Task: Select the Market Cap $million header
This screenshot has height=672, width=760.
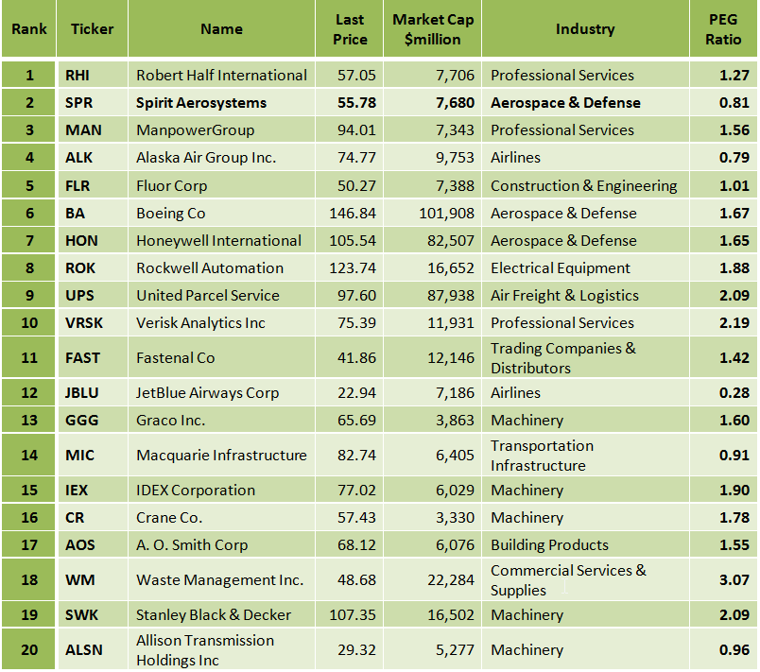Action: click(433, 29)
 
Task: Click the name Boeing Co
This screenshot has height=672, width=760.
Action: click(171, 214)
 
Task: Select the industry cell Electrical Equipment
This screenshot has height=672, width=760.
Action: click(561, 268)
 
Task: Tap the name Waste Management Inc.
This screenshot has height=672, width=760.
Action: click(220, 580)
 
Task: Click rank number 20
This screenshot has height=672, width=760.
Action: click(29, 650)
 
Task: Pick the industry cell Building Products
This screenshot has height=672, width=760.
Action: click(549, 545)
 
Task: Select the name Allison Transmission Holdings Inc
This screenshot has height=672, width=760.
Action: click(205, 650)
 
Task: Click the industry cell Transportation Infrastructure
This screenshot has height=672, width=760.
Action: click(543, 456)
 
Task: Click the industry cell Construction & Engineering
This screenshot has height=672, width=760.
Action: click(583, 186)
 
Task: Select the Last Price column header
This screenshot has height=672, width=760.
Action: click(350, 29)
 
